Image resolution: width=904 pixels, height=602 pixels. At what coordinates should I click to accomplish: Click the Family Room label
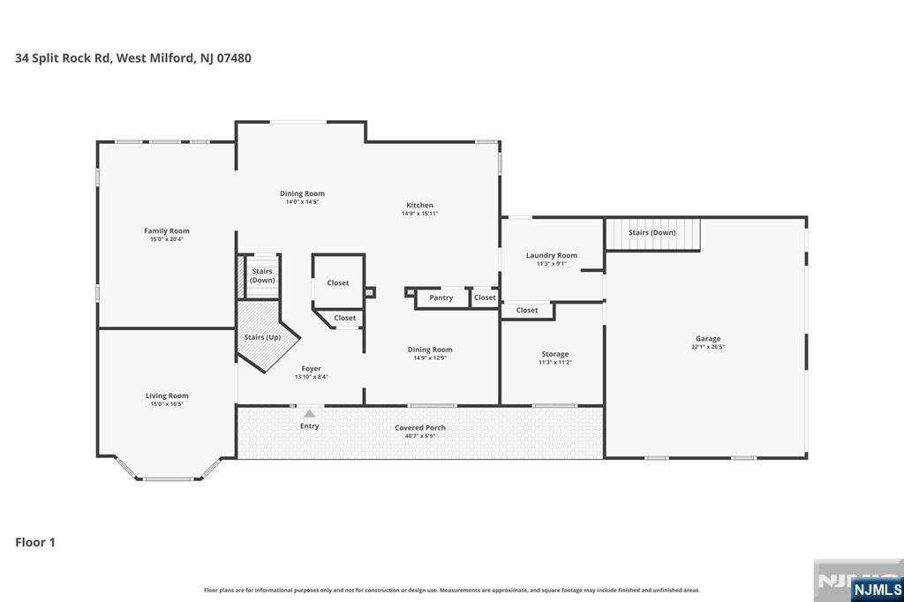167,230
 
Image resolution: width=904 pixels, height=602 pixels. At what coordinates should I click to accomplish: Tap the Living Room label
167,395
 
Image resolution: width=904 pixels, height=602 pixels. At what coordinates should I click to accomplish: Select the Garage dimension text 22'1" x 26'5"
708,347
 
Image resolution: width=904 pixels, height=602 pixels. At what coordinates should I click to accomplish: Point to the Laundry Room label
551,255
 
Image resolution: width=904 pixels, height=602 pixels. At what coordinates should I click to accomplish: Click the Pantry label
441,297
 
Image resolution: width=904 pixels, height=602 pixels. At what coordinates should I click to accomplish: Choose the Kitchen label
419,205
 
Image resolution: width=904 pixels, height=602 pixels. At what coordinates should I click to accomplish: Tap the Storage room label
555,354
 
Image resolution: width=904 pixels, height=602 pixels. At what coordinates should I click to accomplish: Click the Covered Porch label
420,428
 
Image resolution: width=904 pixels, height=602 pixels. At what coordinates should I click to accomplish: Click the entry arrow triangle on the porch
310,413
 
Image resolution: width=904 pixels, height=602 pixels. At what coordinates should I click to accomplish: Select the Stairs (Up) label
262,337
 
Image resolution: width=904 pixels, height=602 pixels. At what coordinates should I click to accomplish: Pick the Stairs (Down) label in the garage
652,232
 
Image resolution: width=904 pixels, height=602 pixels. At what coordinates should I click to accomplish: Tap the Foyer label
312,368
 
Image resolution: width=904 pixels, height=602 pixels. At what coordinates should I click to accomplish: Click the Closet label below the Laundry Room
527,310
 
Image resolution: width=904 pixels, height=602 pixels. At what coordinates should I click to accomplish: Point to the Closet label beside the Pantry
485,297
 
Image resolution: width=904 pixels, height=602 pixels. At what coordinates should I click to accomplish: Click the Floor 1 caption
35,542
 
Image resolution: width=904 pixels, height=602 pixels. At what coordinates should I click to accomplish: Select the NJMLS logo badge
877,589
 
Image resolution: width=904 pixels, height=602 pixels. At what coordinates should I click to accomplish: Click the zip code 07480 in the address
233,57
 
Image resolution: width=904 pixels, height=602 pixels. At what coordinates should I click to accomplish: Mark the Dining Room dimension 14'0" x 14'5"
302,202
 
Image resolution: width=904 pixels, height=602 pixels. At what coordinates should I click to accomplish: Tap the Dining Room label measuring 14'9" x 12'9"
430,350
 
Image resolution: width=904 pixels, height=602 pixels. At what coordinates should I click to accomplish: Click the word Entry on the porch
310,426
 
